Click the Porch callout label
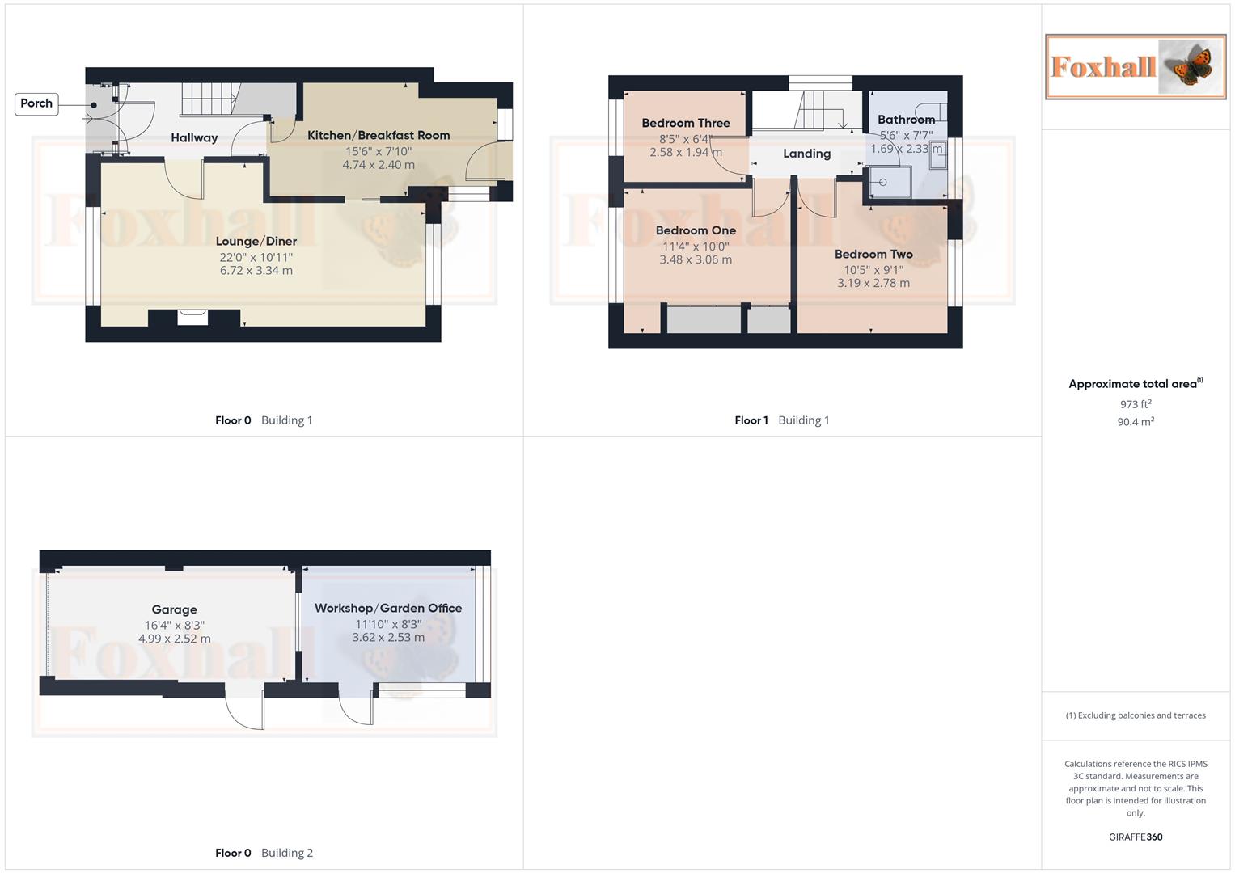(x=36, y=103)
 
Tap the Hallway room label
(x=194, y=138)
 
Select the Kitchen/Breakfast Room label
(x=379, y=135)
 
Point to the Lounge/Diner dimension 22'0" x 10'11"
(x=256, y=257)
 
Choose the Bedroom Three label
(x=686, y=123)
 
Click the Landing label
(x=806, y=154)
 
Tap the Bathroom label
(x=906, y=120)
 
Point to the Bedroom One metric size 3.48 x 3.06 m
(x=696, y=260)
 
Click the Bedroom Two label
(x=873, y=254)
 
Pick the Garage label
(x=175, y=609)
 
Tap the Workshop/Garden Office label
(x=388, y=608)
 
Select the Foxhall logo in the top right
(x=1136, y=67)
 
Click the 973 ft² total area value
(x=1136, y=404)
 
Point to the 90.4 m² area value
(x=1136, y=422)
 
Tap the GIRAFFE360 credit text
(x=1136, y=837)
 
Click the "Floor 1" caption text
(x=751, y=420)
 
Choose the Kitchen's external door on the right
(x=488, y=161)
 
